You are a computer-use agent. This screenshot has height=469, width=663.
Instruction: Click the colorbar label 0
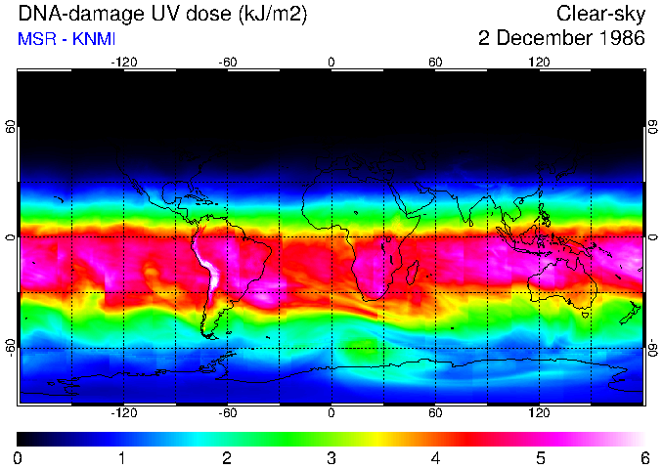(18, 457)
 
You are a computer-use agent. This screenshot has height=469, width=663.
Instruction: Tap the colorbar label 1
(122, 457)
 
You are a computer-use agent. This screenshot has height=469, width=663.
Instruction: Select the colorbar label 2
(227, 457)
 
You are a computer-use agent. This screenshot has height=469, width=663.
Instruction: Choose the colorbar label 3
(331, 457)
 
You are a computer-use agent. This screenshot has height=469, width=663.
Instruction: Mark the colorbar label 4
(435, 457)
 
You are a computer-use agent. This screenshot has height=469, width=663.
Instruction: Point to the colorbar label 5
(540, 457)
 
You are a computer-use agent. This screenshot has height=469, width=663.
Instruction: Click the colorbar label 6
(643, 457)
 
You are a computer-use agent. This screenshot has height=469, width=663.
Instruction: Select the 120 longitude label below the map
(539, 413)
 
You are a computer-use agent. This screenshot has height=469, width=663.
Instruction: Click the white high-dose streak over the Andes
(208, 269)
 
